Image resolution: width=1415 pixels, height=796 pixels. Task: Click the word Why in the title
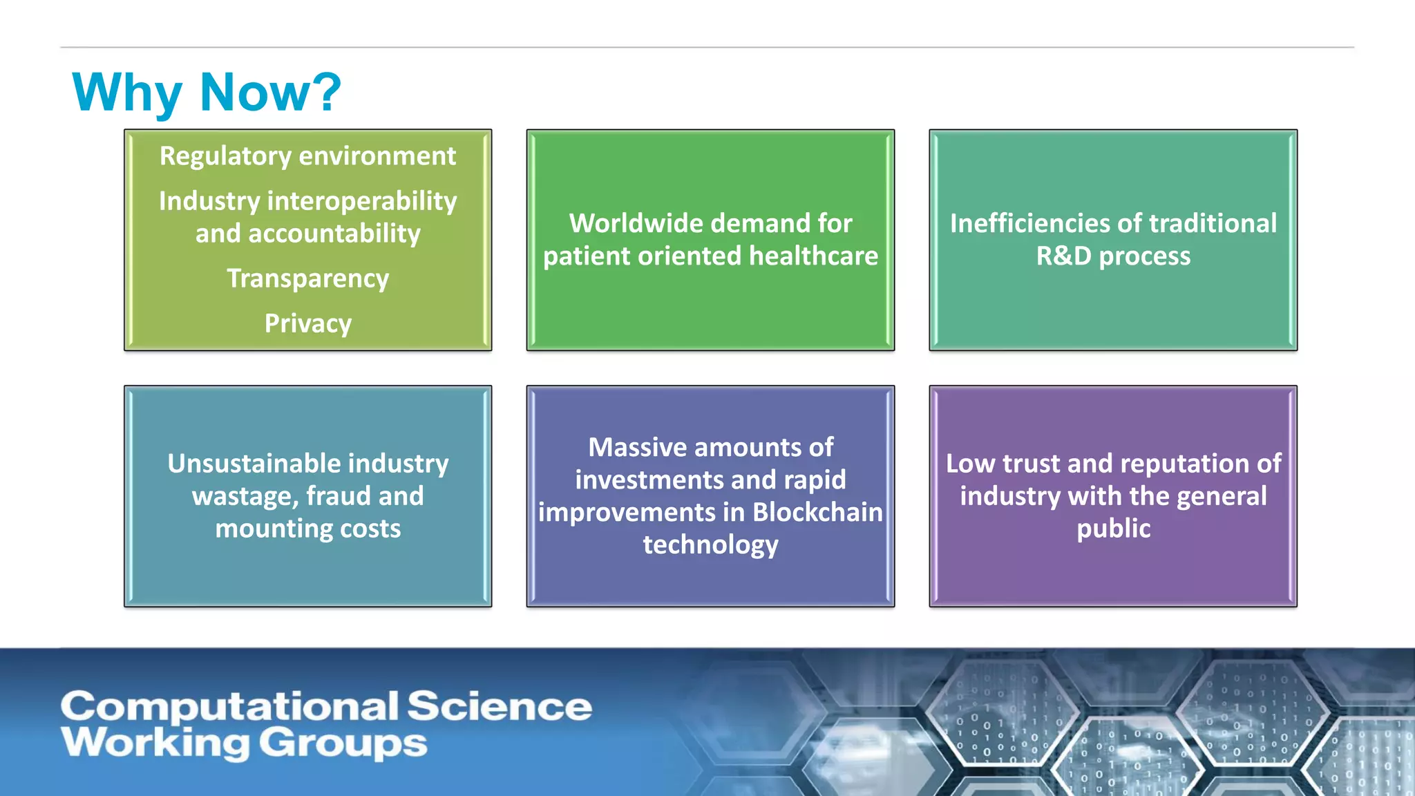click(127, 93)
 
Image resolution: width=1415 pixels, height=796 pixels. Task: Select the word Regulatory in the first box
click(225, 156)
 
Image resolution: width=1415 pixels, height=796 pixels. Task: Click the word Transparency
click(307, 278)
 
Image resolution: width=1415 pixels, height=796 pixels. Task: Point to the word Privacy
click(307, 323)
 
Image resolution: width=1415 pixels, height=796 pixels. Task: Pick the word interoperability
click(362, 202)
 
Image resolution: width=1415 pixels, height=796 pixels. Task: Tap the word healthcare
click(813, 256)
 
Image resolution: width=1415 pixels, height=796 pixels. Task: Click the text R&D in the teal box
click(1063, 256)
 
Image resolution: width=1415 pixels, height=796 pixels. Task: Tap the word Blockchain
click(817, 512)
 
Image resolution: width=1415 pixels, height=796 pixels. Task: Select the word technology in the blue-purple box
click(710, 545)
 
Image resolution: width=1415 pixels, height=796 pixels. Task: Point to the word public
click(1113, 529)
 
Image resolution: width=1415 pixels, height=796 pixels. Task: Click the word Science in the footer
click(499, 707)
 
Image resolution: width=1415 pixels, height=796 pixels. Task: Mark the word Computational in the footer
click(229, 707)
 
